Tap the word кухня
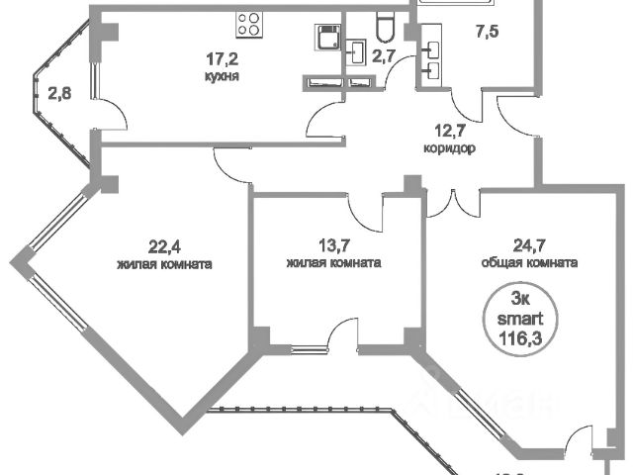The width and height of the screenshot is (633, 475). click(x=219, y=76)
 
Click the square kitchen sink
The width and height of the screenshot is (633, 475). click(x=324, y=37)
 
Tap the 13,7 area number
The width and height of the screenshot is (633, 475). click(x=333, y=247)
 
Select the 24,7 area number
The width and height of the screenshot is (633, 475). click(x=528, y=248)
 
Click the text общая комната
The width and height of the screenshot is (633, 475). click(x=529, y=264)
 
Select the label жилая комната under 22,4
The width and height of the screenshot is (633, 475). click(x=165, y=264)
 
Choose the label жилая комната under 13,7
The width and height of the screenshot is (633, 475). click(x=334, y=264)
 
